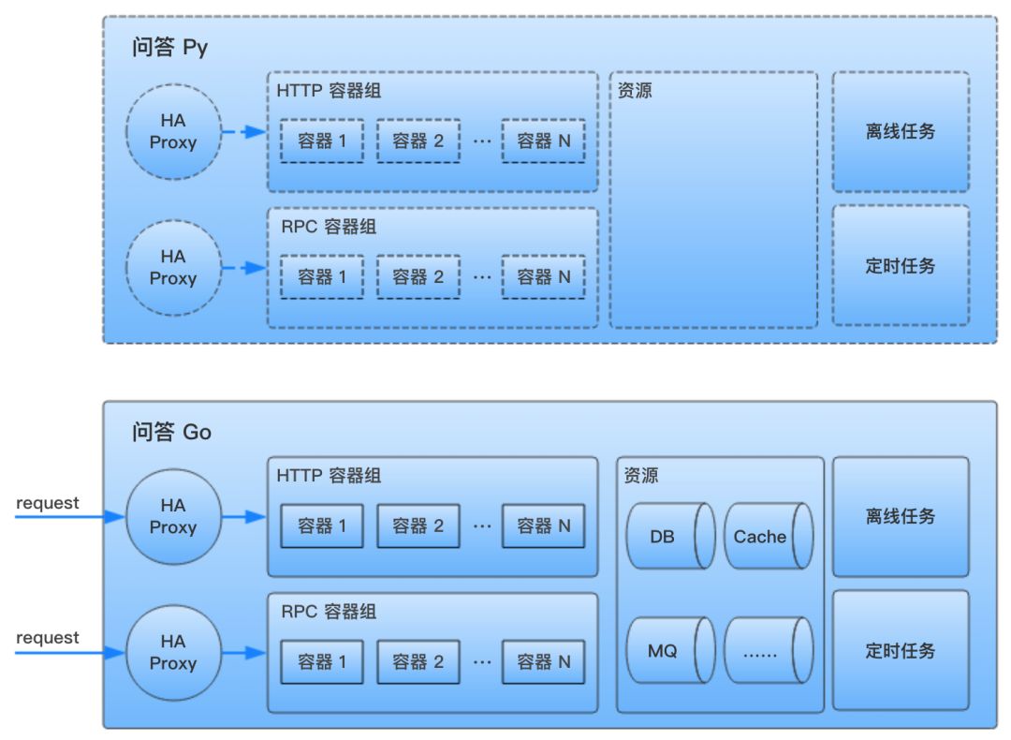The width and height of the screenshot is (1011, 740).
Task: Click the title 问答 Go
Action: click(171, 432)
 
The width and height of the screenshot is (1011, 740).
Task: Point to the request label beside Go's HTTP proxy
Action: click(48, 503)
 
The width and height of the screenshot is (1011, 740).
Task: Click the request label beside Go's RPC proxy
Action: click(48, 638)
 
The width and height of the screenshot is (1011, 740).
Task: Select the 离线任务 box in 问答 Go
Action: click(901, 516)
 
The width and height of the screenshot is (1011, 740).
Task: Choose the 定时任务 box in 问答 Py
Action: click(901, 266)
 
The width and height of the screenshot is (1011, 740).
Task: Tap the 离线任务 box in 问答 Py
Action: click(901, 132)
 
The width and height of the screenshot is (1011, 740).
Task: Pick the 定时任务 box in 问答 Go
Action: click(901, 650)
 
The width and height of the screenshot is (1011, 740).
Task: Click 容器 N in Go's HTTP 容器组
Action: click(544, 525)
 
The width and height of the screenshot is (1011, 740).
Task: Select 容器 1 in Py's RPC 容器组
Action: click(322, 276)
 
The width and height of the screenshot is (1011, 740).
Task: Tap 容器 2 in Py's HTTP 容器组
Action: click(418, 141)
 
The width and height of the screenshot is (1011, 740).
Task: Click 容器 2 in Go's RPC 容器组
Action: click(418, 661)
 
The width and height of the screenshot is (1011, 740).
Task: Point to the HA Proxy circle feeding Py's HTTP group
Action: click(173, 132)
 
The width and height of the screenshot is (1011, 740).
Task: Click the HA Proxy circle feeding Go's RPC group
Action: click(173, 652)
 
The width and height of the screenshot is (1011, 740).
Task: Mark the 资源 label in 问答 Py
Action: click(636, 92)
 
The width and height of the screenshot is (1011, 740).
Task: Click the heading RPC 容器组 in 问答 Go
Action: click(329, 612)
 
